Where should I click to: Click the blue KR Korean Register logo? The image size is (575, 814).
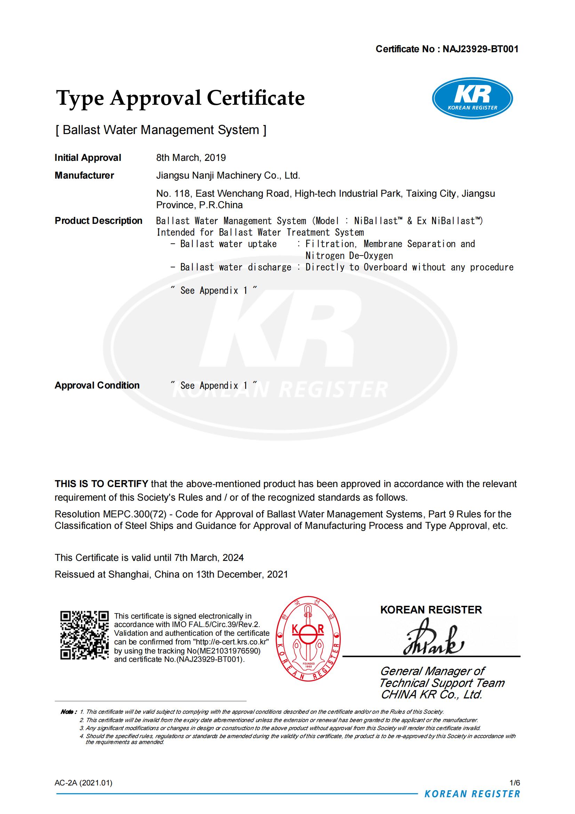(x=472, y=98)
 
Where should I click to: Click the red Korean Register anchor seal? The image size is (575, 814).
(x=308, y=638)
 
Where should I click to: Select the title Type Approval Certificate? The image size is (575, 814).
(x=180, y=98)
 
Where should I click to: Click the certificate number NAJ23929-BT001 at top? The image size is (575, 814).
(x=480, y=49)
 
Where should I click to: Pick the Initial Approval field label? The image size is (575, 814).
(x=88, y=158)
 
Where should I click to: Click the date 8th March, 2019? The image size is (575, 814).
(x=191, y=158)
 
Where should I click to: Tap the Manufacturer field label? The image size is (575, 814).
(x=84, y=175)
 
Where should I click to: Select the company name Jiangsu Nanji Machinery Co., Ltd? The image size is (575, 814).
(x=228, y=175)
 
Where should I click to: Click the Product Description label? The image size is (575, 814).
(x=98, y=220)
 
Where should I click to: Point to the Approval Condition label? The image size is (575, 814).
(x=97, y=385)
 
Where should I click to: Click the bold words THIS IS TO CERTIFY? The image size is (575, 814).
(x=101, y=484)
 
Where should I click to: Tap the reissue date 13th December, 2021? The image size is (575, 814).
(x=242, y=574)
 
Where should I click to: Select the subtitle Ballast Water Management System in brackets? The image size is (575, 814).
(x=161, y=130)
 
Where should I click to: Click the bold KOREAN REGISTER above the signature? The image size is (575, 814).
(x=431, y=610)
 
